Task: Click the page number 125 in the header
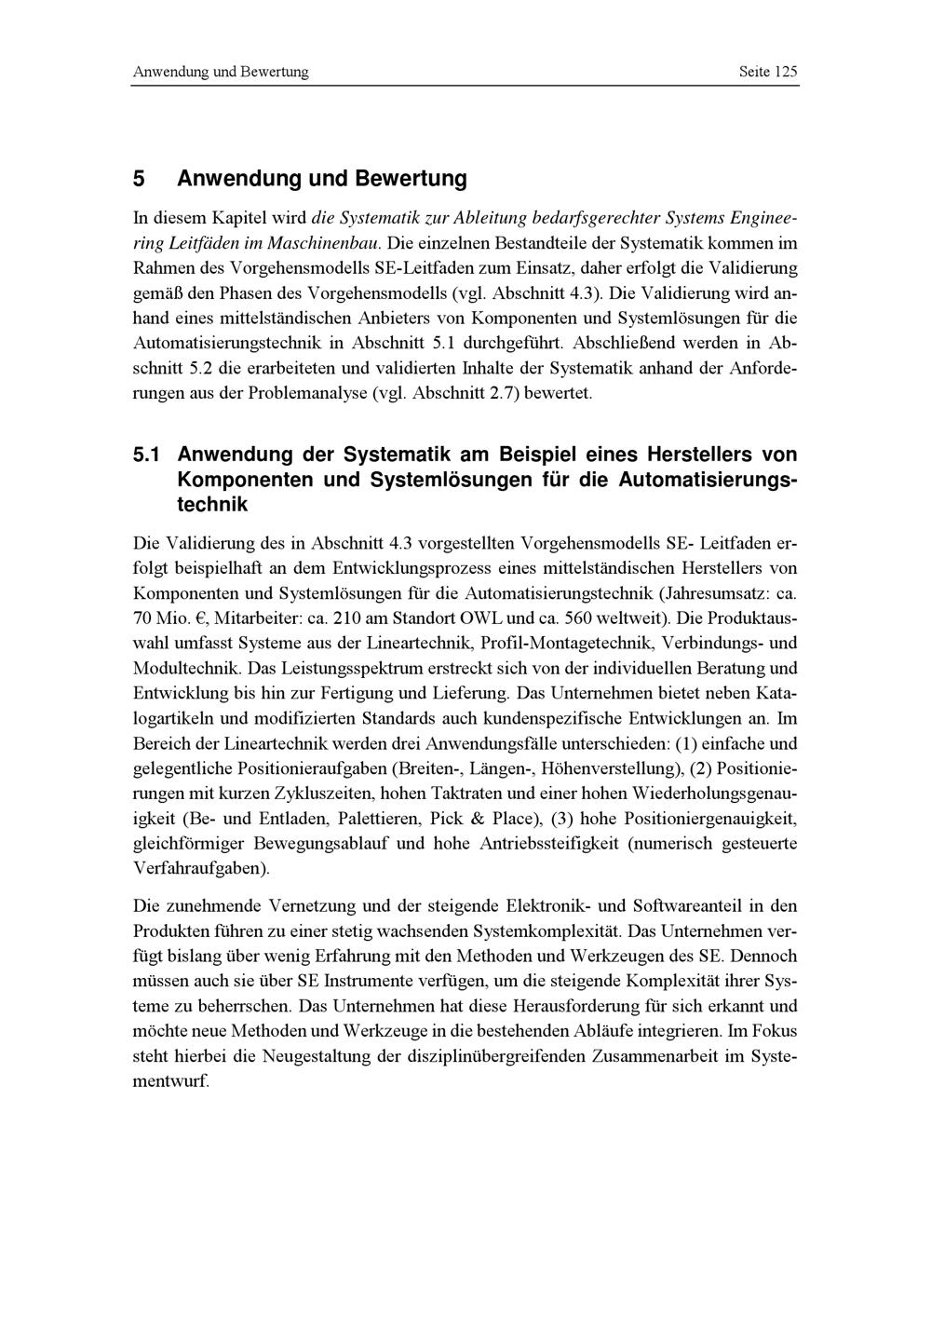click(x=785, y=72)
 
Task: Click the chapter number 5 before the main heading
click(x=139, y=178)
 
